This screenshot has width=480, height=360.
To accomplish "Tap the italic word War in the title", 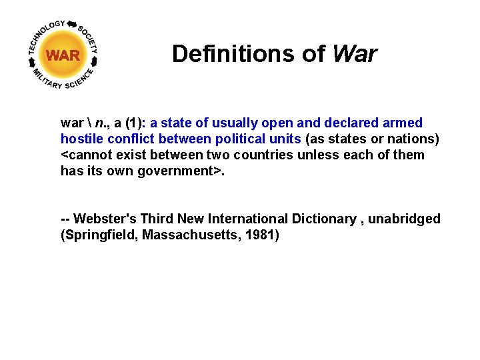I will click(x=353, y=53).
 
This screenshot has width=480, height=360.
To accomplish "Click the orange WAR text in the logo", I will click(x=63, y=55).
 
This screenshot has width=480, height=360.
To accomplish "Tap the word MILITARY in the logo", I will click(x=47, y=79).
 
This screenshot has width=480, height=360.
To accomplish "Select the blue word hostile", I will click(x=80, y=139).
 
